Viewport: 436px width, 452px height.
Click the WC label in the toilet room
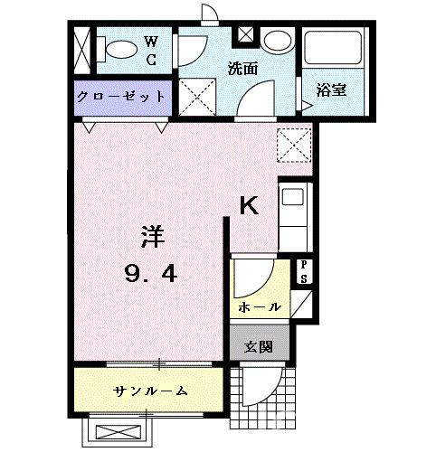pos(152,52)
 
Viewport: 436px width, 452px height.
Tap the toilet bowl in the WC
pos(117,50)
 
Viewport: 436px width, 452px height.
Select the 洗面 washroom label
pos(242,68)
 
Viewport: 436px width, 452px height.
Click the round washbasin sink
pos(277,42)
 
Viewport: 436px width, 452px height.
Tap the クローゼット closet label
pos(121,97)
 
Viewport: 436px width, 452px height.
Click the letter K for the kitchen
pos(249,206)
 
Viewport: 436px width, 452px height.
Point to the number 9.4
pos(153,272)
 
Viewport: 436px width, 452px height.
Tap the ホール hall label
pos(260,307)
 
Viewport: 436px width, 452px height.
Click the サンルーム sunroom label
pos(151,391)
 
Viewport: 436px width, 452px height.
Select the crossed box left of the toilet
pos(82,51)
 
